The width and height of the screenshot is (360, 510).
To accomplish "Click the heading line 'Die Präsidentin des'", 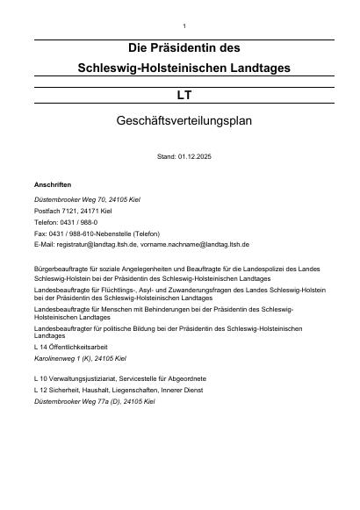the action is coord(184,47).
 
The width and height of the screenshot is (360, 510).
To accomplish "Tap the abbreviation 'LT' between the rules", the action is coord(184,94).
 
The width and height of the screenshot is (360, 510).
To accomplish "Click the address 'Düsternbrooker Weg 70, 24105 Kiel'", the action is coord(86,200).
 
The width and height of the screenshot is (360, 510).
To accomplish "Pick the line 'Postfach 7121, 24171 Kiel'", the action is coord(73,212).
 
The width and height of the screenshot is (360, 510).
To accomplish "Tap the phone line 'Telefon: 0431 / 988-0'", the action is coord(66,223).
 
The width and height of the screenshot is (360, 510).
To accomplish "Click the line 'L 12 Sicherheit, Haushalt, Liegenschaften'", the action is coord(117,390).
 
